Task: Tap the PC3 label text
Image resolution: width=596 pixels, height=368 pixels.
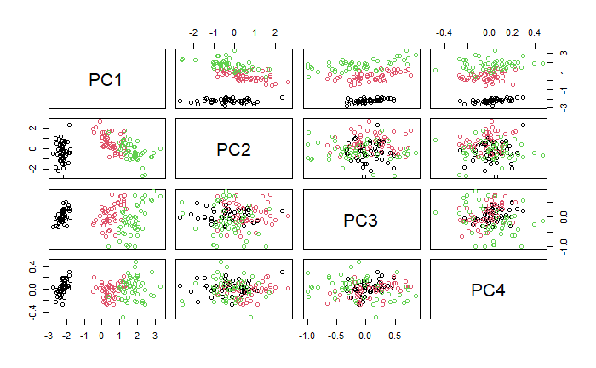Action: (x=361, y=220)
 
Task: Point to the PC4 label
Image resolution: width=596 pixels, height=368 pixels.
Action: (x=489, y=290)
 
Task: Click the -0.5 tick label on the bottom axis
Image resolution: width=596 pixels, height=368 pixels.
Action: (x=336, y=336)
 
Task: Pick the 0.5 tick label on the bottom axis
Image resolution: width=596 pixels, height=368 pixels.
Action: (x=394, y=336)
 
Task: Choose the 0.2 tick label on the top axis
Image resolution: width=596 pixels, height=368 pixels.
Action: (x=512, y=32)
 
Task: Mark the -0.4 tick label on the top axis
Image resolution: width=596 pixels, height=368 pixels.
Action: (x=443, y=32)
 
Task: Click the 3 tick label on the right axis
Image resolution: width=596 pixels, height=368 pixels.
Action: (x=563, y=54)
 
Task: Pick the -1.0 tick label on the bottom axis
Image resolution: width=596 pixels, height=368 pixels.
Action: (x=307, y=336)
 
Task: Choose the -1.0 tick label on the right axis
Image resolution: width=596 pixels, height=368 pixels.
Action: (x=563, y=244)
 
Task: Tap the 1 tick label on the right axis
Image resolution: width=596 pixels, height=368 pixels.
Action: (x=563, y=72)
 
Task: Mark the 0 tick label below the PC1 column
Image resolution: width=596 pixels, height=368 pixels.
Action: (x=101, y=336)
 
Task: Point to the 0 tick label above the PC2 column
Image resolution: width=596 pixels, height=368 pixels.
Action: (x=234, y=32)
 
